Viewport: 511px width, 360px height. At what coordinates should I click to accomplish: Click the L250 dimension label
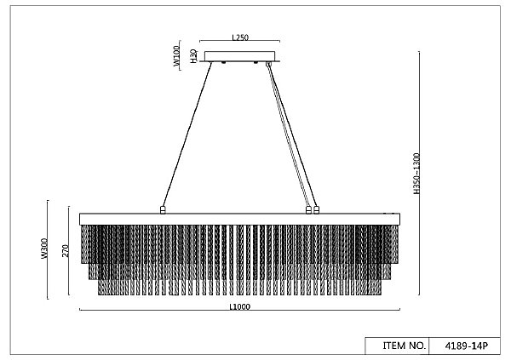(x=240, y=37)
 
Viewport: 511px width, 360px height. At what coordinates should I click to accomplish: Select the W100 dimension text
(x=176, y=55)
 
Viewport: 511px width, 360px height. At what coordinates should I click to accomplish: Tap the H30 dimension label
(x=193, y=55)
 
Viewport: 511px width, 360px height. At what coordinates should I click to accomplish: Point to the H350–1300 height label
(x=416, y=174)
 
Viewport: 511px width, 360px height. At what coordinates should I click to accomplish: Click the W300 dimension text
(x=44, y=249)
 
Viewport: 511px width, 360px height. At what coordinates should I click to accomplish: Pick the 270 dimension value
(x=66, y=250)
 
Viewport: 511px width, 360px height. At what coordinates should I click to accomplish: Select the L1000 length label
(x=240, y=307)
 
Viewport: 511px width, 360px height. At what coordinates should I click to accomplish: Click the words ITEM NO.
(x=404, y=346)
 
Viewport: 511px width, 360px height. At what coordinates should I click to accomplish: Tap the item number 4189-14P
(x=467, y=346)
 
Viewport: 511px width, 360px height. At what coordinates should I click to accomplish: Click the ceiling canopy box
(x=240, y=56)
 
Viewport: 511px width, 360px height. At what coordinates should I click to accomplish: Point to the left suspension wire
(x=187, y=134)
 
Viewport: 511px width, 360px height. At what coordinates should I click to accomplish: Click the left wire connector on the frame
(x=163, y=210)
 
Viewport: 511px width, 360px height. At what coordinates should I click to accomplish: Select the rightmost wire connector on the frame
(x=316, y=210)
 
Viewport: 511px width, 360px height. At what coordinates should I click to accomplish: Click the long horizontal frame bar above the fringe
(x=240, y=220)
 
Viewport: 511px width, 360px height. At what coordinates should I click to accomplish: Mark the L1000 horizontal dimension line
(x=240, y=310)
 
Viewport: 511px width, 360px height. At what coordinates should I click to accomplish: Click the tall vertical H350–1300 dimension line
(x=419, y=173)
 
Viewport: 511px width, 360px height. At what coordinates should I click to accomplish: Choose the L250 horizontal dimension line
(x=240, y=41)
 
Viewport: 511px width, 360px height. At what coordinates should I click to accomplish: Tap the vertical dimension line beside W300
(x=48, y=249)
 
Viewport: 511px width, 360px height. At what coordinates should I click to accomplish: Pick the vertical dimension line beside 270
(x=69, y=250)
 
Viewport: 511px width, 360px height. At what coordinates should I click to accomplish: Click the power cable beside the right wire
(x=288, y=134)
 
